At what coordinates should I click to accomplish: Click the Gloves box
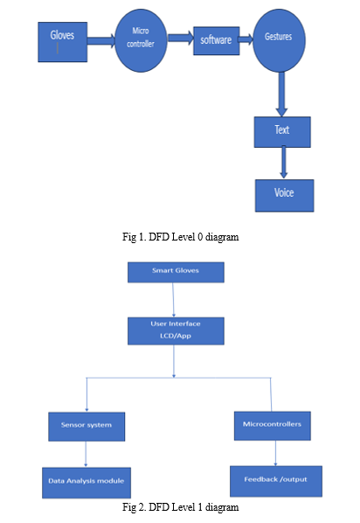[63, 42]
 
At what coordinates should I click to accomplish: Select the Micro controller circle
[141, 40]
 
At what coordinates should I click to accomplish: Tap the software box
[217, 41]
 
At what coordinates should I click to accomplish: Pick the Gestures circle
[279, 40]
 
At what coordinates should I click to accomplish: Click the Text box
[282, 132]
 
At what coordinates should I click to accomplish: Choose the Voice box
[284, 195]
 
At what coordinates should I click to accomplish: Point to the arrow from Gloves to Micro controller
[101, 41]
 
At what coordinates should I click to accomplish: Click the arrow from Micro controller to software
[180, 38]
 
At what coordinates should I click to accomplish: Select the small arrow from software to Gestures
[246, 39]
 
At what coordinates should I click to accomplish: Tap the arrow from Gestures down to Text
[281, 94]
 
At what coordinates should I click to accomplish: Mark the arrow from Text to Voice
[284, 163]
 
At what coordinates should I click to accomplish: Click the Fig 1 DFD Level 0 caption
[180, 237]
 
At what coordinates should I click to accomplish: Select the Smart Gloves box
[176, 272]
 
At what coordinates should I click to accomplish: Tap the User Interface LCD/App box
[176, 331]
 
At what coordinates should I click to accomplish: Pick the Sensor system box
[87, 426]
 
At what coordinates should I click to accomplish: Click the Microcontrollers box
[273, 426]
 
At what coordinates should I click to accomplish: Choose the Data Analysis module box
[87, 483]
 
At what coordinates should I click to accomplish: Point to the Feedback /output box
[276, 481]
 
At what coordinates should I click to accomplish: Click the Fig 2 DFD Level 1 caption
[180, 507]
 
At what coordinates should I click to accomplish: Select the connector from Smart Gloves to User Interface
[173, 300]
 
